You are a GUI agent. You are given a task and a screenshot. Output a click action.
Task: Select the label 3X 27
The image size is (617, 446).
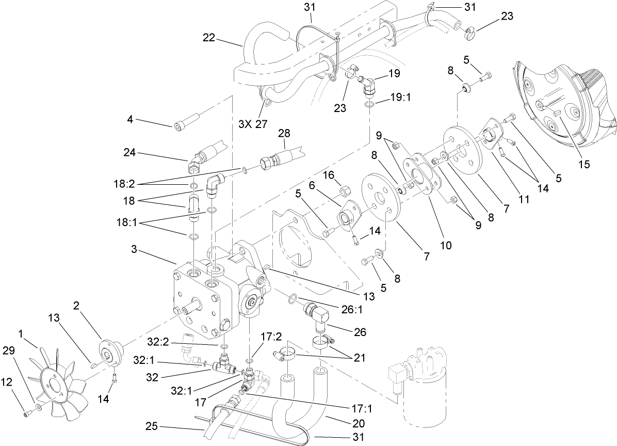pos(253,124)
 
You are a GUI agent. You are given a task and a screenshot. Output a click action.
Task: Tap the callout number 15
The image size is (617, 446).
pos(584,165)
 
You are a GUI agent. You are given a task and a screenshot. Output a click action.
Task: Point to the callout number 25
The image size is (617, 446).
pos(152,427)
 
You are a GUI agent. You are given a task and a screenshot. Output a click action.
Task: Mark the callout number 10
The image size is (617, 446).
pos(445,246)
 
